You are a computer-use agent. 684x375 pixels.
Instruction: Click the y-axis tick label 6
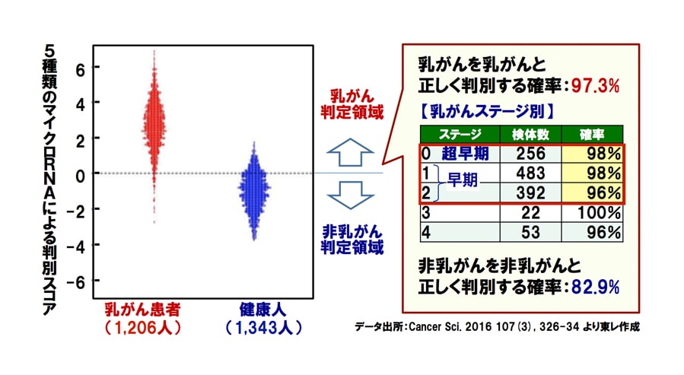[x=80, y=68]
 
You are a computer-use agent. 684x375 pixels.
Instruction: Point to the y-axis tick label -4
[x=77, y=246]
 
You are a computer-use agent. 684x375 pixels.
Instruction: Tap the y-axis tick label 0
[x=80, y=175]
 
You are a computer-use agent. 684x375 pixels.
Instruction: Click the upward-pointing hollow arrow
[x=350, y=152]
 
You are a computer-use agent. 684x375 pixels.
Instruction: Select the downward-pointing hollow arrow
[x=350, y=195]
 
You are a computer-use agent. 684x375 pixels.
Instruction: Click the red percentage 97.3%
[x=595, y=86]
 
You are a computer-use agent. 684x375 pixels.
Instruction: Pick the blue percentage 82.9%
[x=595, y=288]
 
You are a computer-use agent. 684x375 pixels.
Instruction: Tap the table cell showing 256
[x=530, y=154]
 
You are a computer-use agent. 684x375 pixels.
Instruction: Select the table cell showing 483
[x=530, y=173]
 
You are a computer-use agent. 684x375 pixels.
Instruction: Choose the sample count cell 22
[x=530, y=213]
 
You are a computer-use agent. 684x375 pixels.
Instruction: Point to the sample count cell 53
[x=530, y=233]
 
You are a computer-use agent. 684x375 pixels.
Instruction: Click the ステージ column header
[x=460, y=135]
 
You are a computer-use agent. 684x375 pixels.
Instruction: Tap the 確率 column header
[x=592, y=135]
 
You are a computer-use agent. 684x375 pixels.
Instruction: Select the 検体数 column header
[x=530, y=135]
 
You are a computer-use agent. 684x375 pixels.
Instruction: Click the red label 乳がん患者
[x=142, y=310]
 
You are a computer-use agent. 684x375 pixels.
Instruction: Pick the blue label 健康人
[x=262, y=310]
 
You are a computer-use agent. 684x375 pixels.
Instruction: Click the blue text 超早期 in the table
[x=465, y=154]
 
